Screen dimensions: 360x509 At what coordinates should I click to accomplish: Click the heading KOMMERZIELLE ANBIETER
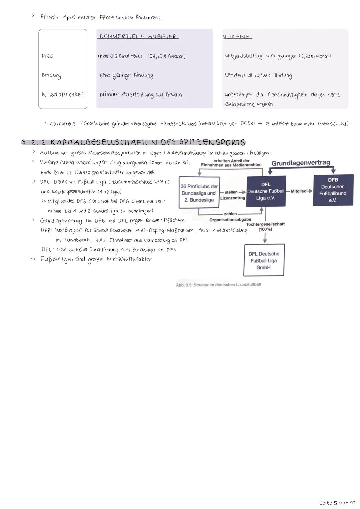coord(138,36)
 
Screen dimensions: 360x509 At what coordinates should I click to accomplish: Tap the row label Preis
coord(47,56)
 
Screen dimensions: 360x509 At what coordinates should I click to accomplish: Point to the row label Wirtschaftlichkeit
coord(63,95)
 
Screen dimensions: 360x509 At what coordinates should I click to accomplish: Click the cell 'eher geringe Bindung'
coord(126,75)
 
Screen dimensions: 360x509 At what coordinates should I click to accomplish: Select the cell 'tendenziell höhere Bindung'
coord(258,75)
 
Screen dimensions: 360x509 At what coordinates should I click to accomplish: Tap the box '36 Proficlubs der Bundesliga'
coord(199,192)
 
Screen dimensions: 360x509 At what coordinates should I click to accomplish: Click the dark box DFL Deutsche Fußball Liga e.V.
coord(266,191)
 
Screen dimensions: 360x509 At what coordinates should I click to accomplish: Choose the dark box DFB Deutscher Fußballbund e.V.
coord(333,190)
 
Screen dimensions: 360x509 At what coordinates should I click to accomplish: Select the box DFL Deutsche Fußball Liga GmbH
coord(264,260)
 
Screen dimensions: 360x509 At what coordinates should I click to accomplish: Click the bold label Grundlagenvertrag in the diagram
coord(301,163)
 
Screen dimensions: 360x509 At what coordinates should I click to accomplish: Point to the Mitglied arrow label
coord(299,191)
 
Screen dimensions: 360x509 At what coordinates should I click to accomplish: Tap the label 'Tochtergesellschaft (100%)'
coord(265,227)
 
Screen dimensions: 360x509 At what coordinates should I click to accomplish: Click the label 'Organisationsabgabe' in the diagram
coord(230,220)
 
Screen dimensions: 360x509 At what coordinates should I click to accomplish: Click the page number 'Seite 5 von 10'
coord(337,503)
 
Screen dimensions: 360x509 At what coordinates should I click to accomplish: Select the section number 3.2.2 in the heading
coord(33,142)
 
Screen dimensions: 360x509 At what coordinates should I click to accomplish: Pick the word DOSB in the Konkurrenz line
coord(247,124)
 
